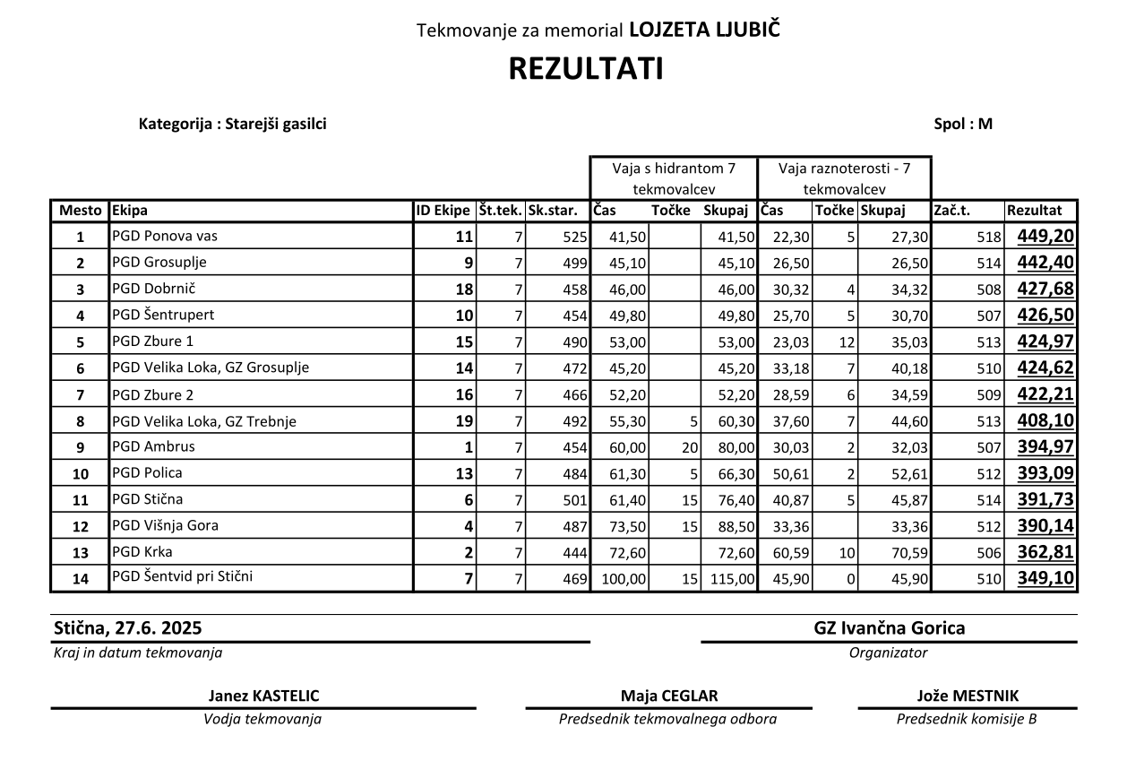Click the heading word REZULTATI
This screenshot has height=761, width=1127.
586,70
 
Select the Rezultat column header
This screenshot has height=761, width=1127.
1035,212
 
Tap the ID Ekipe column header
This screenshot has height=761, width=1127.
443,212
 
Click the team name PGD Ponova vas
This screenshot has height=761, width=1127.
165,237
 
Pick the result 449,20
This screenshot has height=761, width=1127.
1045,237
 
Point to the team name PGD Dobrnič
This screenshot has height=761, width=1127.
154,289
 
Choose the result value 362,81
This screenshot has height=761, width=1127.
1045,551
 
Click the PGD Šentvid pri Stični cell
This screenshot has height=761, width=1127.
183,576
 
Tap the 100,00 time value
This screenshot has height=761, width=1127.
624,579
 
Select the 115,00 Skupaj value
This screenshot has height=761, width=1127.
733,579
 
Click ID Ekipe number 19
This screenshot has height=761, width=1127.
463,421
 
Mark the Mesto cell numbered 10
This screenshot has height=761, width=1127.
80,474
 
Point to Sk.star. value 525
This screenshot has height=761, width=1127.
574,238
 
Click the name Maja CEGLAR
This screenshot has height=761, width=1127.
668,696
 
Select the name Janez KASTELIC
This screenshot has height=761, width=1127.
263,696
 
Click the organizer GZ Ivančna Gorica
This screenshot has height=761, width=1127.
889,627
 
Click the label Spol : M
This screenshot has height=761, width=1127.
963,125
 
